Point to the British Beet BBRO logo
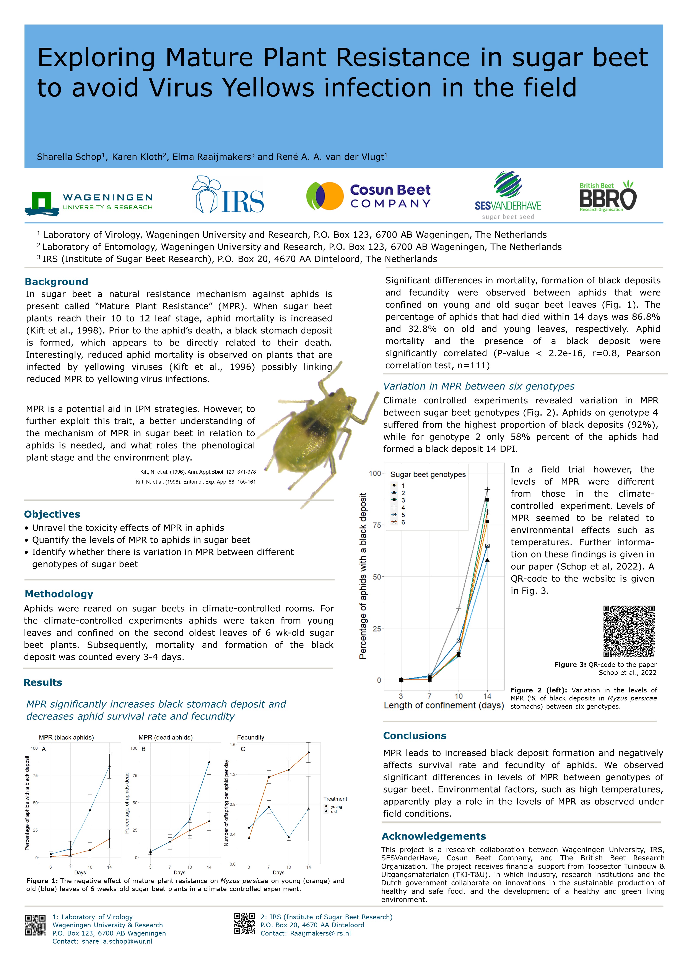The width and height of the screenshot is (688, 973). pos(608,196)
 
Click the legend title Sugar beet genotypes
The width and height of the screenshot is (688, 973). pos(428,475)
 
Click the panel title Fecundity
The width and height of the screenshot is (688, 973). pos(250,737)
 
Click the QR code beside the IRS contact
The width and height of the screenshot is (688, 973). pos(245,924)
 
